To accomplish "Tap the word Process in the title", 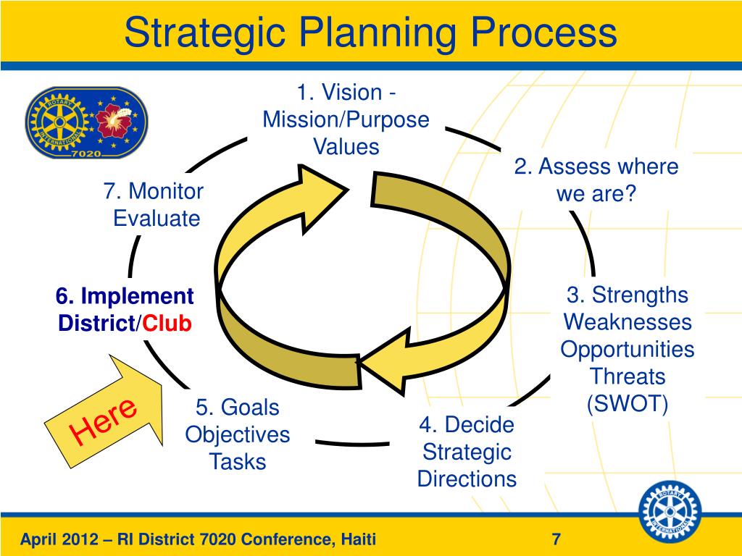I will pyautogui.click(x=536, y=33).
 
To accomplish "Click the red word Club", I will pyautogui.click(x=167, y=324).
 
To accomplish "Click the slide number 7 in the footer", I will pyautogui.click(x=556, y=539).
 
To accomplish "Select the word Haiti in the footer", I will pyautogui.click(x=358, y=539).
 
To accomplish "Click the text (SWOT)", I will pyautogui.click(x=627, y=404).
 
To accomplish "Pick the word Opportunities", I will pyautogui.click(x=627, y=350).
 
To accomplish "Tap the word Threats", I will pyautogui.click(x=627, y=376).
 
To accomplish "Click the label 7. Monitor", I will pyautogui.click(x=153, y=192).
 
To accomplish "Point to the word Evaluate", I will pyautogui.click(x=157, y=219).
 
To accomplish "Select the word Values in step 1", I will pyautogui.click(x=346, y=147).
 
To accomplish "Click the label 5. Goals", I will pyautogui.click(x=237, y=408).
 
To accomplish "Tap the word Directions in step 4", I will pyautogui.click(x=467, y=479).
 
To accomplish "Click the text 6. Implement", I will pyautogui.click(x=125, y=297).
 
